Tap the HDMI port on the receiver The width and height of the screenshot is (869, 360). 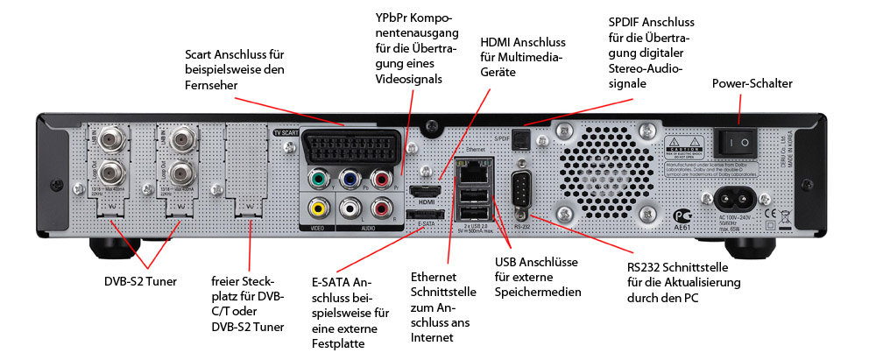click(427, 191)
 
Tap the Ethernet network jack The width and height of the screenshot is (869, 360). click(471, 169)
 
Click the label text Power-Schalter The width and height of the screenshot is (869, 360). click(752, 83)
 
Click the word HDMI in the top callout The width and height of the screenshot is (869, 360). click(499, 42)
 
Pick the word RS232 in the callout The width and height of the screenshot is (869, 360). click(646, 267)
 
